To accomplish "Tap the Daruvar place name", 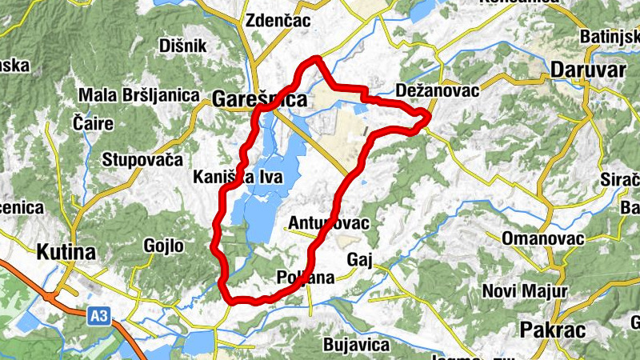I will coord(588,70).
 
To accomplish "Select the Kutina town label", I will coord(66,253).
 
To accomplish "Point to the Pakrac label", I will coord(552,330).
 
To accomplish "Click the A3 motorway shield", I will coord(98,317).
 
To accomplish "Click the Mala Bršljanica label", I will coord(138,96).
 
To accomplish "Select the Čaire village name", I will coord(93,124).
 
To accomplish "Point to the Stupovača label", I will coord(142,159).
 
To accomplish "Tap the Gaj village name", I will coord(360,259).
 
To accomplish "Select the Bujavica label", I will coord(356,346).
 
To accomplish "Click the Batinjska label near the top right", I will coord(609,37).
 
